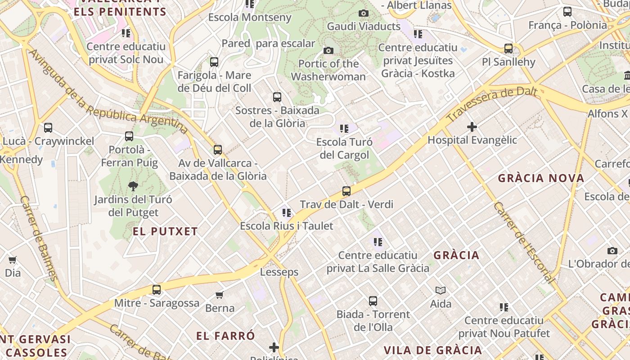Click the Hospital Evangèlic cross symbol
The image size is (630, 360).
click(x=472, y=127)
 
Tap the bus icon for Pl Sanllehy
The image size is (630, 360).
click(x=508, y=49)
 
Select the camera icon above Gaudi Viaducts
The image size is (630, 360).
click(x=364, y=13)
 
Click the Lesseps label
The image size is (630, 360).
click(x=279, y=272)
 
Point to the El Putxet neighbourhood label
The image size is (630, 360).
click(x=165, y=232)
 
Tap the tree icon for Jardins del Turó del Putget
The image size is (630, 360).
click(x=133, y=186)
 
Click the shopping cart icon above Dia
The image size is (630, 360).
click(x=13, y=260)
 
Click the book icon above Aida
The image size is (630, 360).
click(x=440, y=291)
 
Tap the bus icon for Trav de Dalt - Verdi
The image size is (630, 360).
click(x=346, y=191)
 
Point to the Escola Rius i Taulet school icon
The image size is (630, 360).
click(x=287, y=213)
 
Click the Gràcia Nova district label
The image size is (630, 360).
click(x=541, y=178)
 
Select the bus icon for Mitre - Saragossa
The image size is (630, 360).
click(x=157, y=290)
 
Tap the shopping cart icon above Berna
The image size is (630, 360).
click(x=220, y=295)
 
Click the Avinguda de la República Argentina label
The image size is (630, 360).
click(x=108, y=92)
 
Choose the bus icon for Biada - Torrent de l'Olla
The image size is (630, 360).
click(x=373, y=301)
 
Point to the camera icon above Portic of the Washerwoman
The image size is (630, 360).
click(x=328, y=50)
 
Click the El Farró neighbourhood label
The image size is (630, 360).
click(x=225, y=336)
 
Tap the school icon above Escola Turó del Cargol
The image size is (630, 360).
click(x=344, y=129)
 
